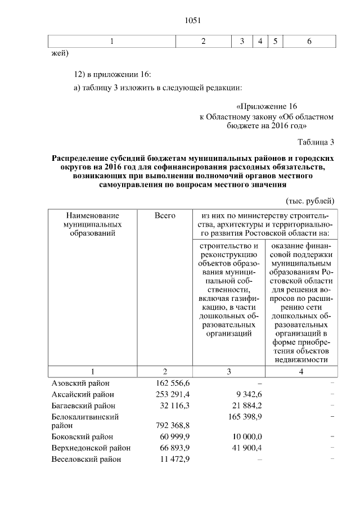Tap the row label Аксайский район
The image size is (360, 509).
pos(83,394)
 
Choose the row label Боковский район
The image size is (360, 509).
pos(83,436)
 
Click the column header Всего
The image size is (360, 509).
pos(165,215)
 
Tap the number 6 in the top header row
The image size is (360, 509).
pos(309,41)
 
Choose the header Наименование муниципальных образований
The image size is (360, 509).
pos(93,224)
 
